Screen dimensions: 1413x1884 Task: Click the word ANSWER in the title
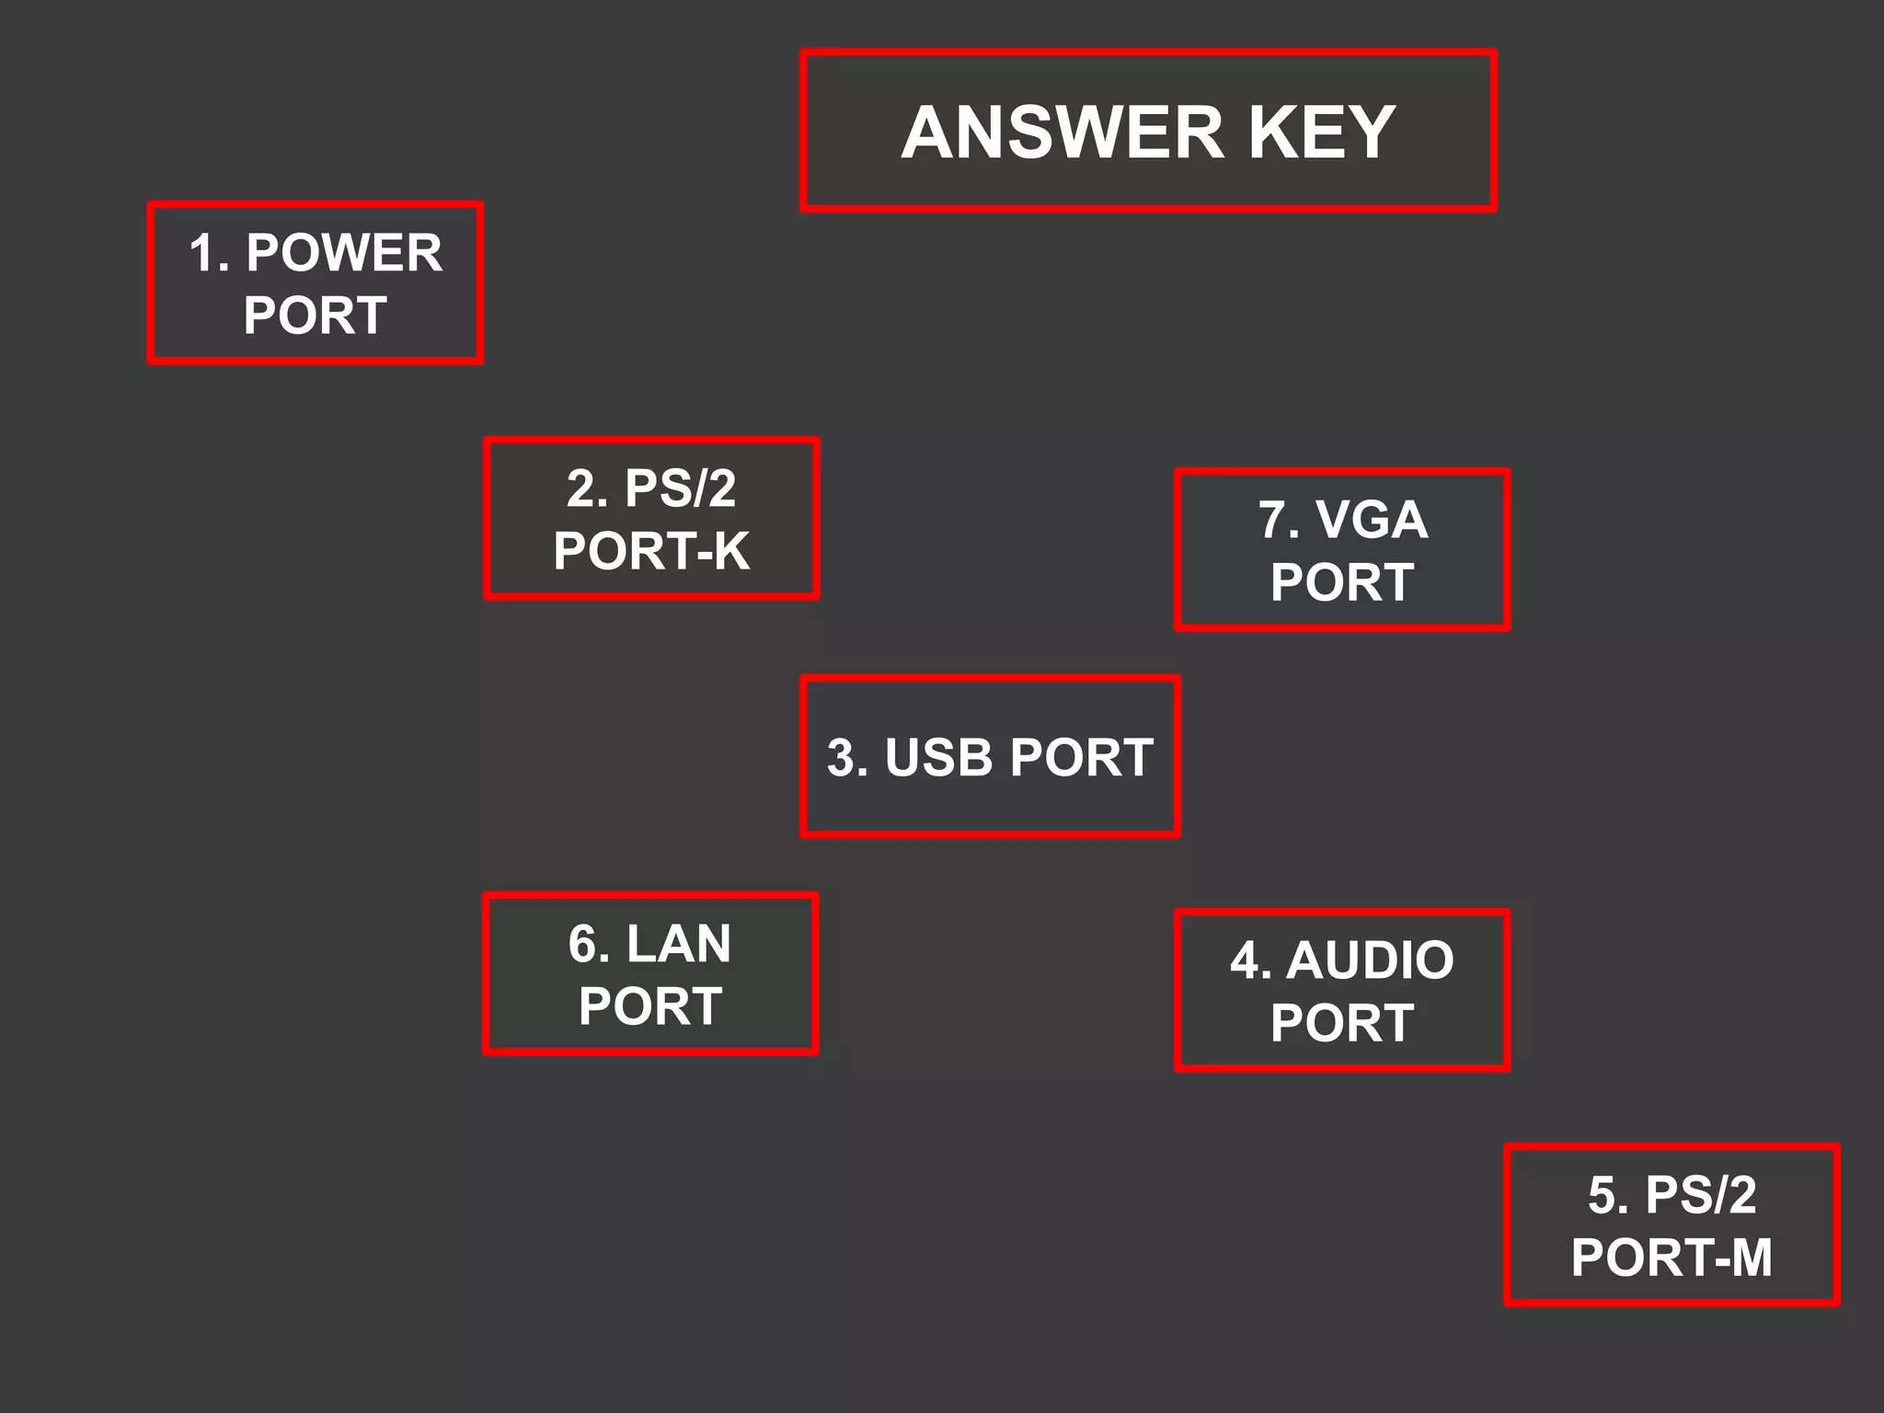[x=1063, y=132]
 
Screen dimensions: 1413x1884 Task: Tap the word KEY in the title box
[x=1321, y=132]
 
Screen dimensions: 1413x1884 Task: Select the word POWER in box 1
[x=344, y=253]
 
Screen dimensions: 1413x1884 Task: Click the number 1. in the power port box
[x=208, y=253]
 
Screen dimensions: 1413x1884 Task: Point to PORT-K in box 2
[x=651, y=551]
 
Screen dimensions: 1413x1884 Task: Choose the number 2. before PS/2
[x=587, y=488]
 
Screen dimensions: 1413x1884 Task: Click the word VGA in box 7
[x=1372, y=520]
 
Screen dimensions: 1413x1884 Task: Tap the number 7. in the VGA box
[x=1278, y=520]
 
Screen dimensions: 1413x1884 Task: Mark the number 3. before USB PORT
[x=847, y=758]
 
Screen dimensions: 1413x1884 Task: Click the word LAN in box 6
[x=678, y=944]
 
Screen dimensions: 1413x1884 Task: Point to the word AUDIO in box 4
[x=1370, y=960]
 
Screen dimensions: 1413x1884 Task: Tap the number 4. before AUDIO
[x=1250, y=960]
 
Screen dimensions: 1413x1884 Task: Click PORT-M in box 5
[x=1671, y=1258]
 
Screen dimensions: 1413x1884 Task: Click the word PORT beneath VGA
[x=1342, y=582]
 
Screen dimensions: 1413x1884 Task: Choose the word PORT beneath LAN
[x=650, y=1006]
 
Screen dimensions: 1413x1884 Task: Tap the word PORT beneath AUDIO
[x=1342, y=1023]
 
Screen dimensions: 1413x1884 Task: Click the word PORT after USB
[x=1081, y=758]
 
